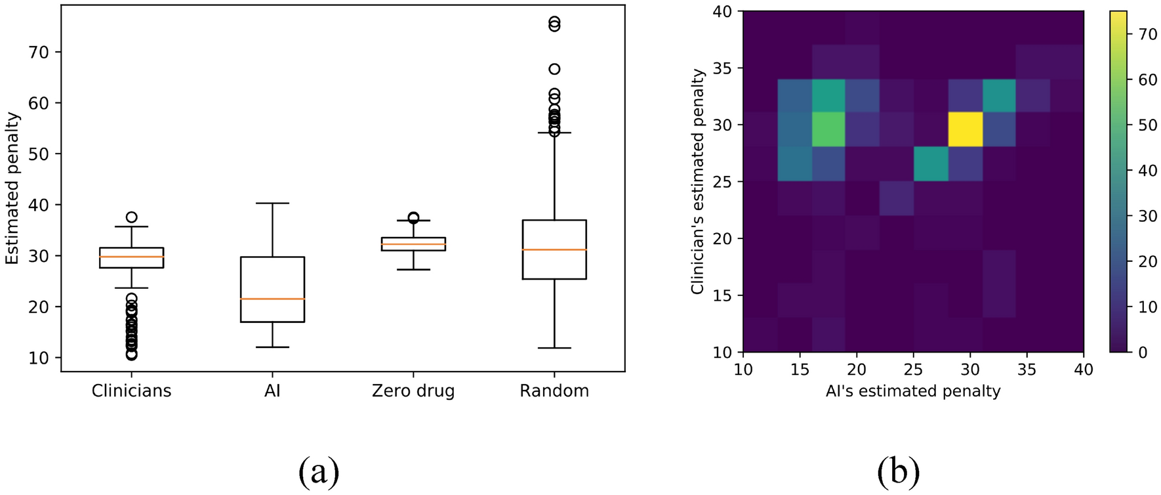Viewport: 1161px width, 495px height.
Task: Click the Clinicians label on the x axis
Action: (x=131, y=391)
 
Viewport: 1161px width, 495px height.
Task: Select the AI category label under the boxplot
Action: (x=272, y=391)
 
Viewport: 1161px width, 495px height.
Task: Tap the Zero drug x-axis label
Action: (x=413, y=391)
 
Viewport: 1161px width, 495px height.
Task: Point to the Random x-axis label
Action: (x=554, y=391)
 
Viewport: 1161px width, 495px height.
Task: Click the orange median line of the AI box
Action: (x=272, y=299)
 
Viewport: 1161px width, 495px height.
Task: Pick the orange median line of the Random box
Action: (x=554, y=249)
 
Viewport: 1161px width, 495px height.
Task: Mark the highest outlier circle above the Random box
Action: (x=554, y=22)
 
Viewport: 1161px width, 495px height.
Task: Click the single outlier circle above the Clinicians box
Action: (x=131, y=217)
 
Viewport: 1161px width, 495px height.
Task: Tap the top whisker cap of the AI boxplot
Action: (x=272, y=204)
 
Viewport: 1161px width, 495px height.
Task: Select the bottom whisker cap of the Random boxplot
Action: (x=554, y=348)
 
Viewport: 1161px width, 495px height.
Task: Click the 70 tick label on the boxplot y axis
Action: (x=39, y=52)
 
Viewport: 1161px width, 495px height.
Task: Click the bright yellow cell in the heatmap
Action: (x=965, y=129)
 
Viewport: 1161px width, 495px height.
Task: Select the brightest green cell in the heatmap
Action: (x=828, y=129)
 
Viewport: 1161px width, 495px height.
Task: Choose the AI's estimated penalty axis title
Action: (x=912, y=391)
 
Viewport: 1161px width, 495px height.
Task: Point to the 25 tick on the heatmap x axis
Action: (x=913, y=370)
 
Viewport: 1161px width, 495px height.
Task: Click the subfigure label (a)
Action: (x=319, y=471)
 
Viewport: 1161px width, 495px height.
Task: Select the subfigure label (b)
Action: (x=899, y=471)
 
